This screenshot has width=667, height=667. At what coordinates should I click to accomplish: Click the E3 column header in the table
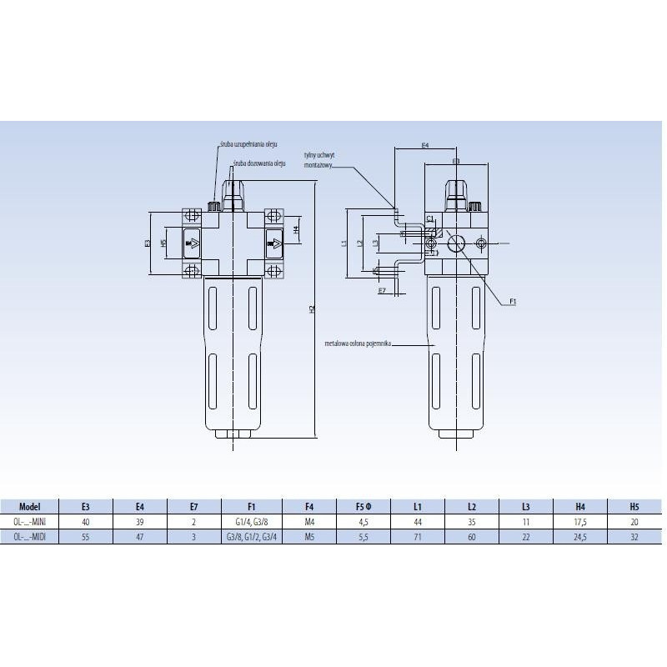(86, 506)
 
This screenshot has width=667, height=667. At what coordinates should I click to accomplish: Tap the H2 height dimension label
(312, 309)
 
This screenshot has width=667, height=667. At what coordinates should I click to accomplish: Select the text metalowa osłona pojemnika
(360, 343)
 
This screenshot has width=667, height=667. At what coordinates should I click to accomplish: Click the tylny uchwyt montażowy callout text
(318, 159)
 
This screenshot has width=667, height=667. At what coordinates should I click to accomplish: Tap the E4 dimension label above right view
(424, 145)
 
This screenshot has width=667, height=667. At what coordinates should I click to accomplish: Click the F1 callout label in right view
(514, 300)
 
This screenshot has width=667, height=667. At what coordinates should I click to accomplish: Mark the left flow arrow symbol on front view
(192, 243)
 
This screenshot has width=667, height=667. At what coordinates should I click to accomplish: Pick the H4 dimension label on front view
(296, 229)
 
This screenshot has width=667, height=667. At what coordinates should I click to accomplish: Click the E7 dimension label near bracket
(382, 292)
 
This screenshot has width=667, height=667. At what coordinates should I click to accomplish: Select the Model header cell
(29, 506)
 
